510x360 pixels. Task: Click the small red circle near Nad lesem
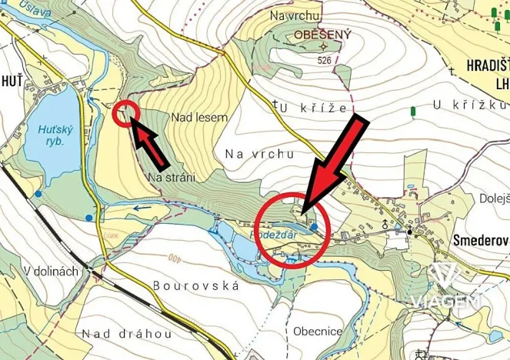click(125, 113)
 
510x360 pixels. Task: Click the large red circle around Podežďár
click(293, 229)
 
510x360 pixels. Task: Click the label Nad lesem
click(199, 118)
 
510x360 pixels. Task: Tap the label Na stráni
click(170, 177)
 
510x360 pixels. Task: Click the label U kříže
click(313, 108)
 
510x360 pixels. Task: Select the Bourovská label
click(196, 285)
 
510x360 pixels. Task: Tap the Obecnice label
click(317, 332)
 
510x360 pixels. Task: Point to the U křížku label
click(470, 104)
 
